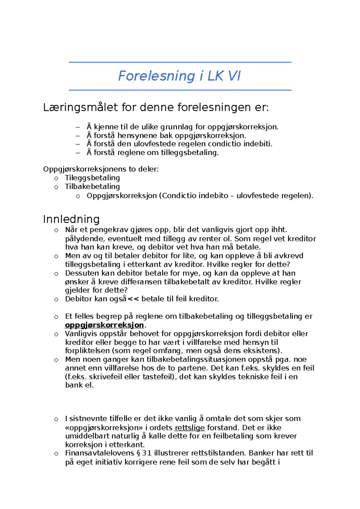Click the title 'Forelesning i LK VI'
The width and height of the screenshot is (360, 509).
[179, 76]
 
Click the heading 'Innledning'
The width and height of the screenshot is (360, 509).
[71, 219]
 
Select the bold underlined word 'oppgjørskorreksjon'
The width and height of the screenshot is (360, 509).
[104, 325]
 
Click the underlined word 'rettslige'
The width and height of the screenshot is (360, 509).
[190, 427]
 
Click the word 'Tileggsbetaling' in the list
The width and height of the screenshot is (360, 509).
[92, 178]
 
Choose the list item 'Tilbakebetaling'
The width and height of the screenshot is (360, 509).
[92, 186]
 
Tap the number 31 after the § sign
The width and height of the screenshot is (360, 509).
[146, 453]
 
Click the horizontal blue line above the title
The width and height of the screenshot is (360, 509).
[180, 62]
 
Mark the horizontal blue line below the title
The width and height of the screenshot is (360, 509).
[180, 90]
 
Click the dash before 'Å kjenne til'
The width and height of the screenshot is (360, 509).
[78, 127]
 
